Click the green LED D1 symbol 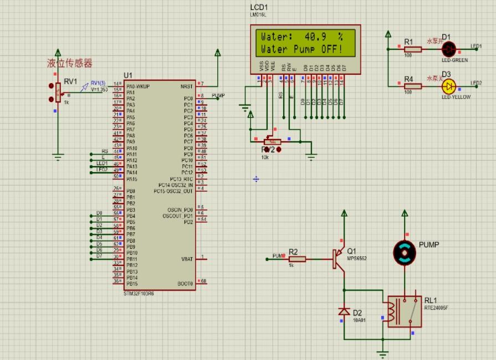click(449, 49)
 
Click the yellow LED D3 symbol click(449, 86)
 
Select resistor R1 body click(412, 49)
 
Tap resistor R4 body click(412, 86)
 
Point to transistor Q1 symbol click(339, 259)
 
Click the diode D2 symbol click(344, 312)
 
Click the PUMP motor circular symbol click(405, 253)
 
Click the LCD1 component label click(258, 7)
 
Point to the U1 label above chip click(128, 75)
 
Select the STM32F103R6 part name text click(139, 293)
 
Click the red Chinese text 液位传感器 click(69, 64)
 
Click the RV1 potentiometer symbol click(58, 92)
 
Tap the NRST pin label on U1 click(187, 86)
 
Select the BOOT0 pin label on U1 click(186, 283)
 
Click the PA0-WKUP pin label click(138, 86)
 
